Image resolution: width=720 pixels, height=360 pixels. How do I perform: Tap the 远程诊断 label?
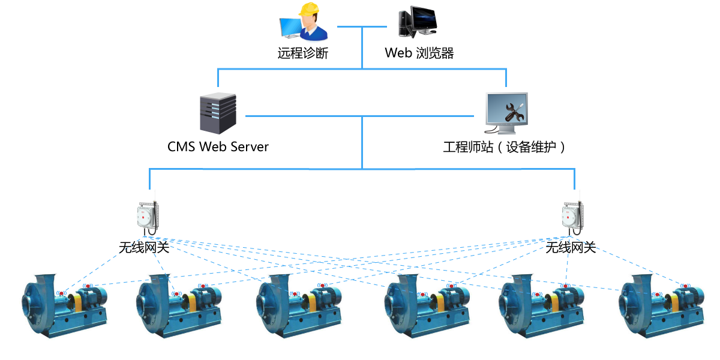(303, 53)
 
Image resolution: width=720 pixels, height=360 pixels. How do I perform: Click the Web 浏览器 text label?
(419, 53)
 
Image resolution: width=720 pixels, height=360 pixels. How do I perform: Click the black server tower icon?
(217, 113)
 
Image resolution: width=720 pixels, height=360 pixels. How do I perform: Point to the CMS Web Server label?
(218, 146)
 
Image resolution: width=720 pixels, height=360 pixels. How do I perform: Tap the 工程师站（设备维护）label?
(505, 147)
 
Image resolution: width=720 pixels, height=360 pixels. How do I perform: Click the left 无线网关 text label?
(144, 247)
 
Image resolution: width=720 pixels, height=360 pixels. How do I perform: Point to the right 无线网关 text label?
(571, 247)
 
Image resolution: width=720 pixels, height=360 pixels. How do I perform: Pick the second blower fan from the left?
(178, 306)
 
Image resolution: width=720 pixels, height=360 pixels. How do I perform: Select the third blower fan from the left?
(298, 306)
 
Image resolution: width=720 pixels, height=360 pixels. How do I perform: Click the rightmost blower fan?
(661, 306)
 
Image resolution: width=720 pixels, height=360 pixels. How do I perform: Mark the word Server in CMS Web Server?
(248, 146)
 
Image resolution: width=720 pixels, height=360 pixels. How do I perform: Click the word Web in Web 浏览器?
(398, 53)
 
